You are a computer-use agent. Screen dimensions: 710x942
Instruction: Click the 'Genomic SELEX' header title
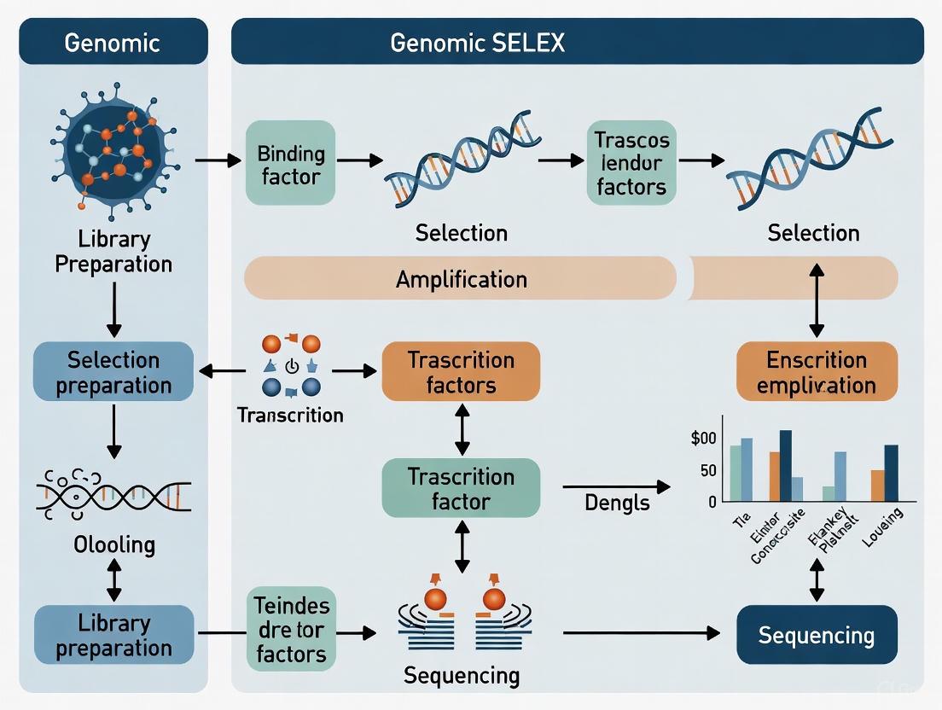click(477, 42)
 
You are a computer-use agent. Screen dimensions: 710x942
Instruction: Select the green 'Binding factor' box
click(290, 165)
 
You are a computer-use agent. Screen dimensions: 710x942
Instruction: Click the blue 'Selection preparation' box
click(113, 372)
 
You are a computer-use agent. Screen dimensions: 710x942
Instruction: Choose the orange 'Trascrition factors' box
click(461, 372)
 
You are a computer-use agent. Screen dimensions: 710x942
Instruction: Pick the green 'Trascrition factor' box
click(461, 488)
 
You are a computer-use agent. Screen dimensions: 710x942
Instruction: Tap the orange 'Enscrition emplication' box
click(817, 372)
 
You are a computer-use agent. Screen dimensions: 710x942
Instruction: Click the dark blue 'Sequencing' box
click(817, 635)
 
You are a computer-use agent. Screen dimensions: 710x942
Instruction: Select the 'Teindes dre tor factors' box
click(290, 631)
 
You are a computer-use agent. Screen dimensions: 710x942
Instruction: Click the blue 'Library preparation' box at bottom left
click(113, 635)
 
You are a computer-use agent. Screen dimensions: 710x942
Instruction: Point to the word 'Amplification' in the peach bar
click(461, 279)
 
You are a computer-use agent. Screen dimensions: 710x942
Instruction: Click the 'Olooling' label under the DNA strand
click(113, 544)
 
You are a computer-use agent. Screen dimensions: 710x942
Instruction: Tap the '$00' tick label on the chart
click(704, 439)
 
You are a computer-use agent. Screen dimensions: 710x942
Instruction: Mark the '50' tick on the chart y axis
click(707, 471)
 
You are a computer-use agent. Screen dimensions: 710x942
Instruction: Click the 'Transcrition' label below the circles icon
click(290, 416)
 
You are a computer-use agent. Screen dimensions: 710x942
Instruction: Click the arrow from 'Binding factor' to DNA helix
click(356, 160)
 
